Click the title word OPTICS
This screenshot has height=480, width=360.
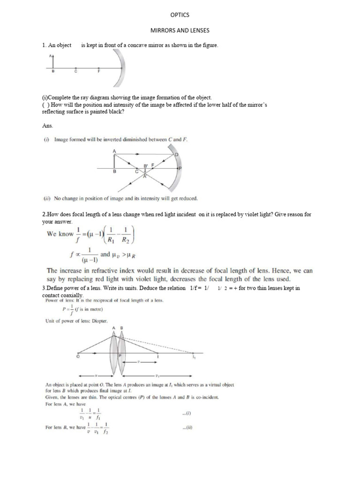coord(180,15)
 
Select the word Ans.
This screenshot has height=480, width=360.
coord(47,126)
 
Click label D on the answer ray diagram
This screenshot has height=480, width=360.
coord(176,154)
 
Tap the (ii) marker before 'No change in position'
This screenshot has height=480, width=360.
coord(47,198)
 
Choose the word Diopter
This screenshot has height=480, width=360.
coord(97,321)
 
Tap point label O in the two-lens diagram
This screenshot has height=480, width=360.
coord(78,357)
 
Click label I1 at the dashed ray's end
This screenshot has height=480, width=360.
coord(194,357)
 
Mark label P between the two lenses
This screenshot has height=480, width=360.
coord(120,356)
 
